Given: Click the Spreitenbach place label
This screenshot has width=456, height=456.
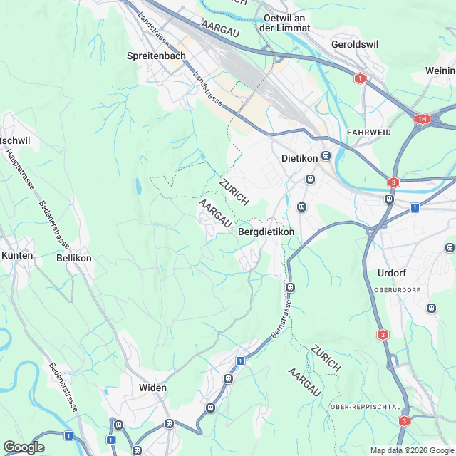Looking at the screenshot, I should (x=156, y=56).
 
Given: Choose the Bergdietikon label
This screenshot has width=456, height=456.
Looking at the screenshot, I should (x=266, y=232).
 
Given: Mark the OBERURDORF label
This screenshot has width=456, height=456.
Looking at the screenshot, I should (x=398, y=290).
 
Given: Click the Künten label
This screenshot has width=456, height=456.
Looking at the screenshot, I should (x=17, y=254).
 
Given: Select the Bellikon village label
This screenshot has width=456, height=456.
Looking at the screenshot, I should (x=74, y=258).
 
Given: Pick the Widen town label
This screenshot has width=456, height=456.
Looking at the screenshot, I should (x=152, y=388).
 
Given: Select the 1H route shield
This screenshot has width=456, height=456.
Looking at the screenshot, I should (x=423, y=119).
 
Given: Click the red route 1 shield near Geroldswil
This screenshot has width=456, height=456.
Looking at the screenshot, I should (x=361, y=78).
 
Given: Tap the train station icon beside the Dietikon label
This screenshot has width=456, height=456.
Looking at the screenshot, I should (x=326, y=156).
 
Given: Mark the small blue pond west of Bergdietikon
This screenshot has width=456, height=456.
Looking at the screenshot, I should (x=138, y=187).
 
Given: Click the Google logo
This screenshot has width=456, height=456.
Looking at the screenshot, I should (x=24, y=447).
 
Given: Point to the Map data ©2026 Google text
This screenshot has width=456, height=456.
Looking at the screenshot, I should (x=411, y=450).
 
